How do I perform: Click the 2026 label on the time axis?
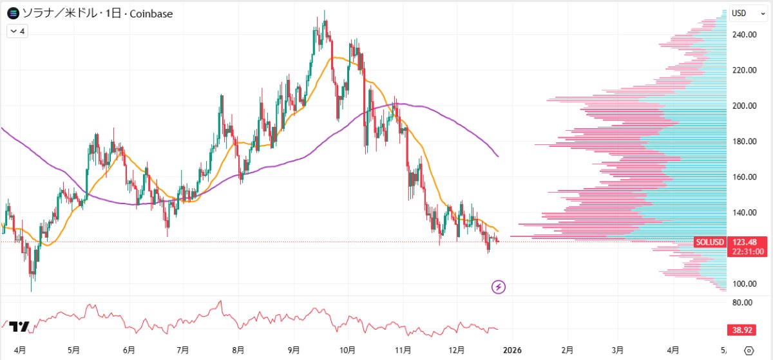pos(512,350)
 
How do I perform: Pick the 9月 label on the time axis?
pos(294,350)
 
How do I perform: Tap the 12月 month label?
pos(457,350)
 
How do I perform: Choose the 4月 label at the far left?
pos(20,350)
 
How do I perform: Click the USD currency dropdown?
pos(742,13)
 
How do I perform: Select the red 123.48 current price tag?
pos(747,242)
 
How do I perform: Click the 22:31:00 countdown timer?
pos(748,252)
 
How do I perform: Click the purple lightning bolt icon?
pos(498,287)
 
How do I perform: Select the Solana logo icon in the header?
pos(12,13)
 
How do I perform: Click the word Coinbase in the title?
pos(151,14)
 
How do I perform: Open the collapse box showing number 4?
pos(17,31)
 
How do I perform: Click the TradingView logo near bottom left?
pos(20,327)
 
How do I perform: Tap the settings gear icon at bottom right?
pos(748,351)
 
